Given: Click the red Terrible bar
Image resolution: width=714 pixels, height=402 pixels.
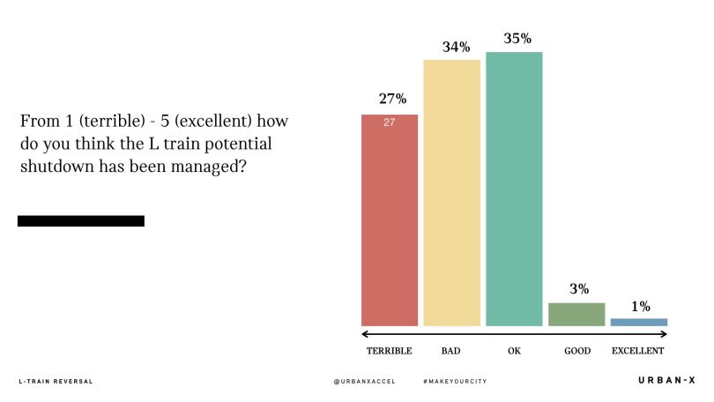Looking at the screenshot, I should point(390,220).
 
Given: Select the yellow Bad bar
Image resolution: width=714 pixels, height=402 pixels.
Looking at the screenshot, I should point(451,194).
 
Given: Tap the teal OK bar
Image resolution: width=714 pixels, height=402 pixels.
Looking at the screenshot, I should point(514,190).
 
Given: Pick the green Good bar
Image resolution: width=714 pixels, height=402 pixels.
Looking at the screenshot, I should point(576,315).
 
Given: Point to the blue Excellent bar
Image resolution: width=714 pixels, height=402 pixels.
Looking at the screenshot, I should point(639,323).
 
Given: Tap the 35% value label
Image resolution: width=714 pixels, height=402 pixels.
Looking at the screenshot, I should point(517,38).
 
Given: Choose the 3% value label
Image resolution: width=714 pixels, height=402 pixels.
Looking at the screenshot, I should point(579,289).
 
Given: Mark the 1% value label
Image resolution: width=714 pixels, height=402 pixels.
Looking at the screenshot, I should point(640,307).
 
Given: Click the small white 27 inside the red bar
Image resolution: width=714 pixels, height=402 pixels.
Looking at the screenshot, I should point(389,123).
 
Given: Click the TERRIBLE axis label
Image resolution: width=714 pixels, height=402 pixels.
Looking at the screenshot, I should point(389,351).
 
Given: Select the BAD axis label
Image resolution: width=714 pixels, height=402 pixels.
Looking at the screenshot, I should point(450,351).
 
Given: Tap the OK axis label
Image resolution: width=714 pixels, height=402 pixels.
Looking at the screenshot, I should point(514,351).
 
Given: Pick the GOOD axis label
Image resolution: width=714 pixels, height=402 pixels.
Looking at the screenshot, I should point(576,351).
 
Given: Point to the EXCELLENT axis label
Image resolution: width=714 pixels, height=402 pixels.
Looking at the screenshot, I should point(638,351).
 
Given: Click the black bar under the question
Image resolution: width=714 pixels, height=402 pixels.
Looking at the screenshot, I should point(80,221).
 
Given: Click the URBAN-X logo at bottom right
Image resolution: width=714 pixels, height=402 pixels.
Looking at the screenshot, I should point(666,380).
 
